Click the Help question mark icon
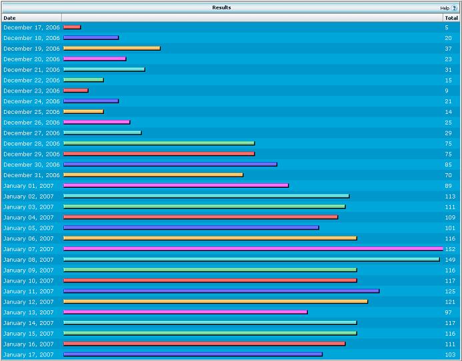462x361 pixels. pos(454,8)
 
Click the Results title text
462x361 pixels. pos(221,7)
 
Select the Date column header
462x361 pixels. pos(9,18)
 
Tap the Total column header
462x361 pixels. pos(451,18)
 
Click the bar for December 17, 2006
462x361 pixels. pos(72,27)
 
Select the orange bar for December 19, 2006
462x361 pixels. pos(112,49)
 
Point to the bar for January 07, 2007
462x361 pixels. pos(253,249)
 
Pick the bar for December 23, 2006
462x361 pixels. pos(76,91)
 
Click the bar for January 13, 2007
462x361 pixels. pos(185,312)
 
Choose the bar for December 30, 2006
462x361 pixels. pos(170,165)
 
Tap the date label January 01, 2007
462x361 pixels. pos(29,186)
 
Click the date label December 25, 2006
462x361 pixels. pos(31,112)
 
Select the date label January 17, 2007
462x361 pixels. pos(29,355)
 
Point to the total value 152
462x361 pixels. pos(451,249)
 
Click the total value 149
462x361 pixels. pos(451,260)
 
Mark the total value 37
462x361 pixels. pos(449,49)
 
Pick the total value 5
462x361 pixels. pos(447,27)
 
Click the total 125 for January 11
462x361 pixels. pos(451,292)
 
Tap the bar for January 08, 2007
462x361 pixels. pos(251,259)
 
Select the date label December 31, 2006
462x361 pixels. pos(31,175)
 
